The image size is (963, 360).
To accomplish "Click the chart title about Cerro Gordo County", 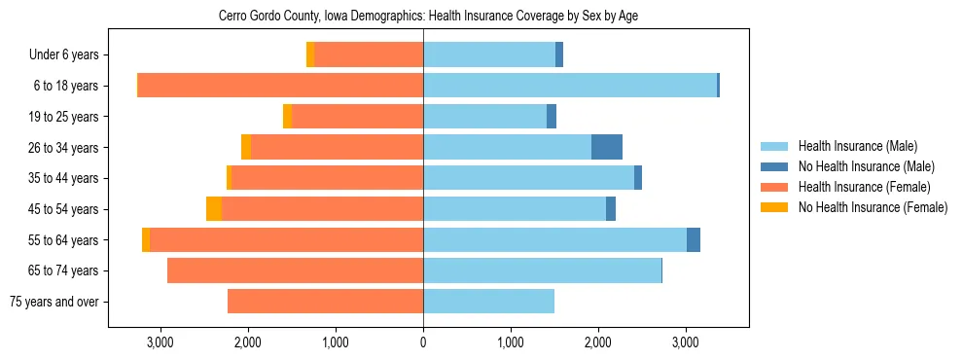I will [429, 17].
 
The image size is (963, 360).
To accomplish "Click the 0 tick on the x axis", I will [423, 342].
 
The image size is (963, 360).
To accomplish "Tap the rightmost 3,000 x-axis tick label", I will [686, 342].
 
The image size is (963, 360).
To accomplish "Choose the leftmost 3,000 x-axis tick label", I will [160, 342].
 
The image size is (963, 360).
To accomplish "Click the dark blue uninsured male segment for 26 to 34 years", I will [607, 148].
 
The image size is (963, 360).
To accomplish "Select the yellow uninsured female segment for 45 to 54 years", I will [214, 209].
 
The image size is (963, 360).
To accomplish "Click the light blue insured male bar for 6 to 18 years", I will [570, 86].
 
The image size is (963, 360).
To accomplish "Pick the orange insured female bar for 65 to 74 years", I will [295, 270].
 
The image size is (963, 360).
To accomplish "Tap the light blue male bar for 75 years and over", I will [488, 302].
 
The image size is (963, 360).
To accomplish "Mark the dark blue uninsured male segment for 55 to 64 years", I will [694, 240].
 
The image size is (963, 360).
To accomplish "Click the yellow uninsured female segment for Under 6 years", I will [310, 55].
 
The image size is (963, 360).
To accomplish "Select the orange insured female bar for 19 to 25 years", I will [357, 117].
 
